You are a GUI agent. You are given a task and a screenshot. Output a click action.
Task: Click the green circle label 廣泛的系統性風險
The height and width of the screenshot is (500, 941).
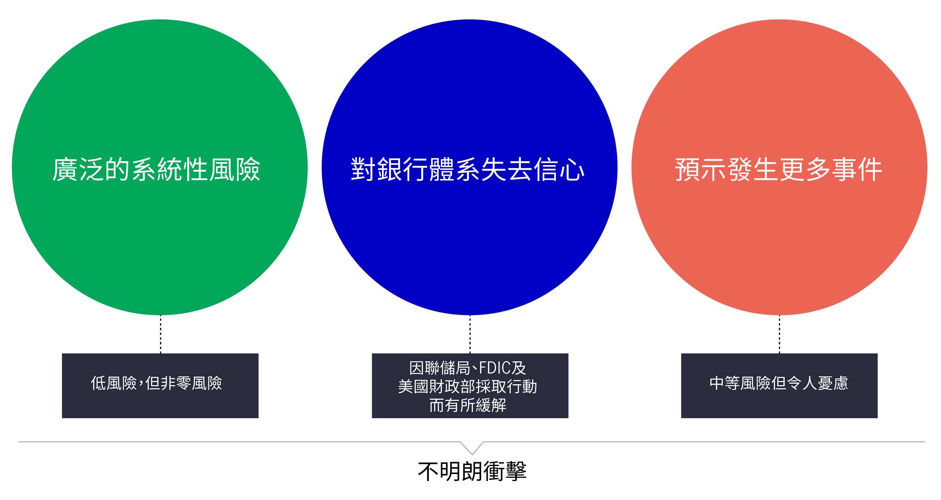point(156,169)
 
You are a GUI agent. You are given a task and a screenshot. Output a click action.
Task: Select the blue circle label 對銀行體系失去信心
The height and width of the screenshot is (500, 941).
point(468,169)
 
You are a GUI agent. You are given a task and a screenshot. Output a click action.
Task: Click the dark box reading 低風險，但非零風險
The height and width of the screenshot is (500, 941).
point(160,386)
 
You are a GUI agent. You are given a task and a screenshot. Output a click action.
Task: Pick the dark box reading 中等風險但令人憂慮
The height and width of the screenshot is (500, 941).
point(779,386)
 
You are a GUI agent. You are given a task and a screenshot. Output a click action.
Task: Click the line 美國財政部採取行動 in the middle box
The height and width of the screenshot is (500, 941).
point(468,387)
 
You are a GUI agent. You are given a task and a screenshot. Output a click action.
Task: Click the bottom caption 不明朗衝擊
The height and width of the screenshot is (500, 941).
point(472,471)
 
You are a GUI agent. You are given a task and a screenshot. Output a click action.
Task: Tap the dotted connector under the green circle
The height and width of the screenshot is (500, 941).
point(160,334)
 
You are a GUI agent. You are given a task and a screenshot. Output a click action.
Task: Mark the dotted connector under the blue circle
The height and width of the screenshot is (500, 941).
point(470,334)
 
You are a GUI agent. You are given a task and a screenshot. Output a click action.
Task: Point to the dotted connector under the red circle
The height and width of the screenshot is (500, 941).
point(780,334)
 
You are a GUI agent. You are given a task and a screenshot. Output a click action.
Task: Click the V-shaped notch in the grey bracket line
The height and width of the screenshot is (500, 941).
point(472,454)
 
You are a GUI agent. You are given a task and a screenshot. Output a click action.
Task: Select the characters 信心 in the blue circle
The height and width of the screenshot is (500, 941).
point(559,169)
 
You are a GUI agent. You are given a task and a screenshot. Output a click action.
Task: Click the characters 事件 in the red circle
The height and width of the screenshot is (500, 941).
point(857,169)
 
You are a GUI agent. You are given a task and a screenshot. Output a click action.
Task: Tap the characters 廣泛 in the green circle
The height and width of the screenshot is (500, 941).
point(78,169)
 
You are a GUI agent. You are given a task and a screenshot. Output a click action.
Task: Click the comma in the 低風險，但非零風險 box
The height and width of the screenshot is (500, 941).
point(141,383)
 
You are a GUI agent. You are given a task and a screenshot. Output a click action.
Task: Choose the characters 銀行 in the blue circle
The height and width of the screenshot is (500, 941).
point(403,169)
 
